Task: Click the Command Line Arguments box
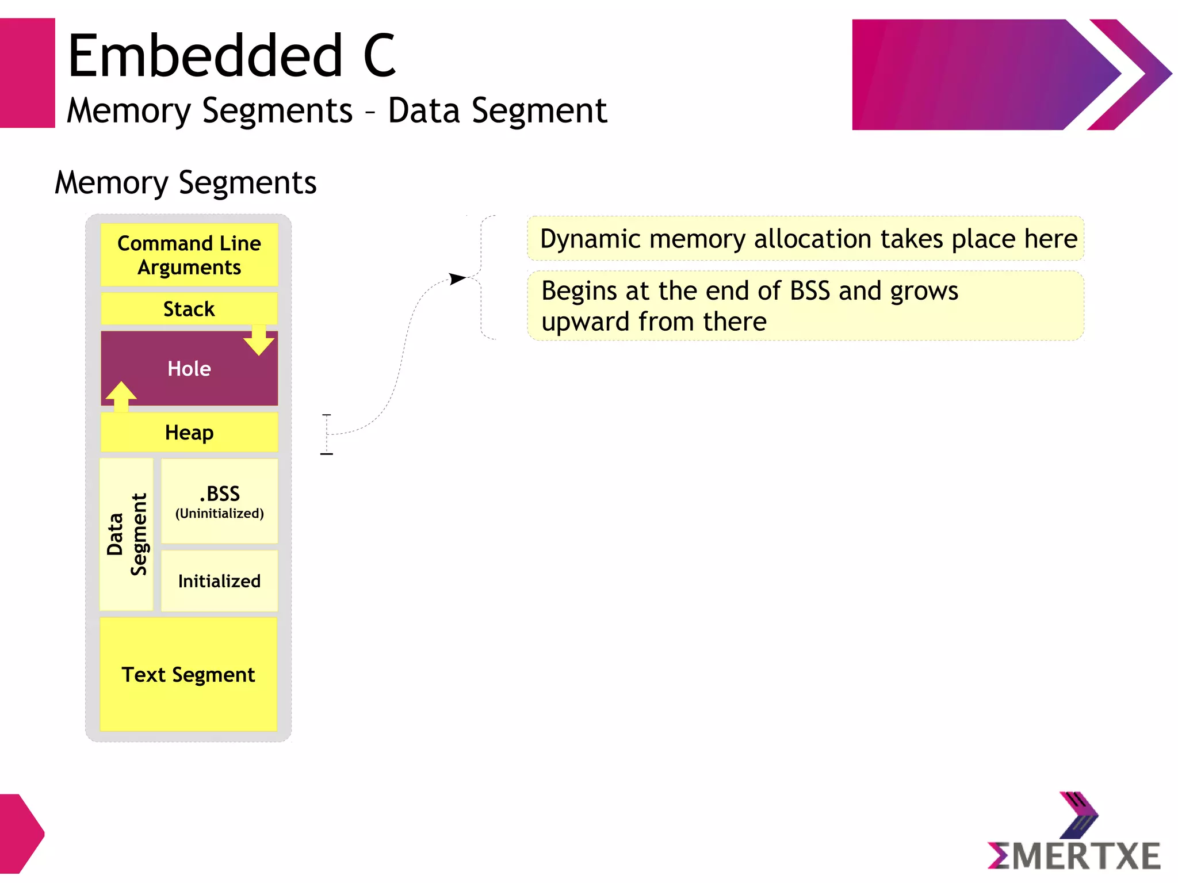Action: click(x=189, y=255)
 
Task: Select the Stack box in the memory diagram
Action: click(x=189, y=309)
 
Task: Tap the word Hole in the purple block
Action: click(x=189, y=369)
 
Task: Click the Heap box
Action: click(x=189, y=432)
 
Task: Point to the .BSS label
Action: click(x=220, y=494)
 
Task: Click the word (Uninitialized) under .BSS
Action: click(x=220, y=513)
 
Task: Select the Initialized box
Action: click(x=219, y=581)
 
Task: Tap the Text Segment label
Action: click(x=188, y=674)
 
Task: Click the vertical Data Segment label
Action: click(x=127, y=534)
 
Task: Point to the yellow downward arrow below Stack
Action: click(x=259, y=341)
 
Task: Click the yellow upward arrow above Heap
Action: click(x=121, y=396)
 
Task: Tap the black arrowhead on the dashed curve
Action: click(x=458, y=279)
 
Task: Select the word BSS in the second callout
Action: click(x=809, y=291)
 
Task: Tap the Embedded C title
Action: click(x=231, y=56)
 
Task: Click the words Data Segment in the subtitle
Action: click(x=497, y=110)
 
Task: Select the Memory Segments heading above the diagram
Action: click(x=185, y=183)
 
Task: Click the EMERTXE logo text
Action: click(x=1074, y=855)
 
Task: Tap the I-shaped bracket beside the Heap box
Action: click(x=327, y=434)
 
